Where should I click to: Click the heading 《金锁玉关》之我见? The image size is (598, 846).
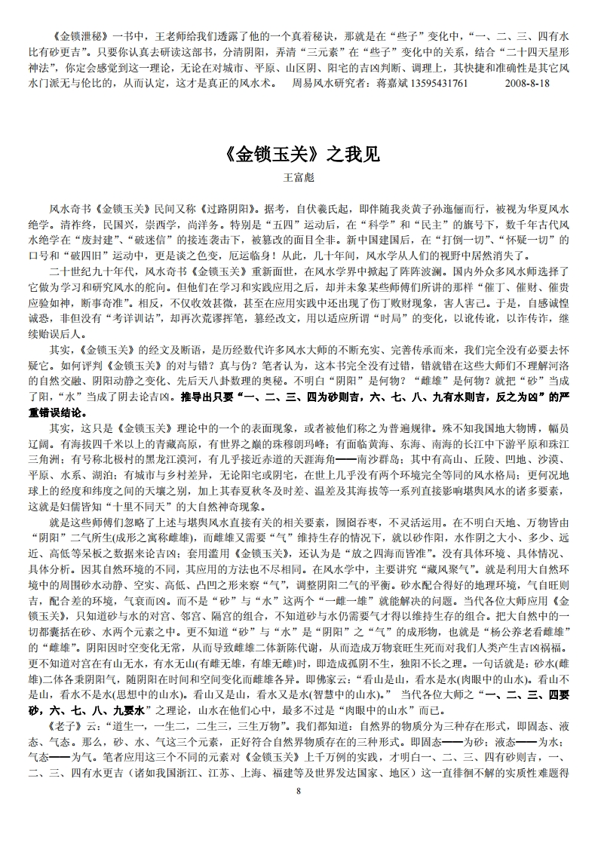pos(299,155)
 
